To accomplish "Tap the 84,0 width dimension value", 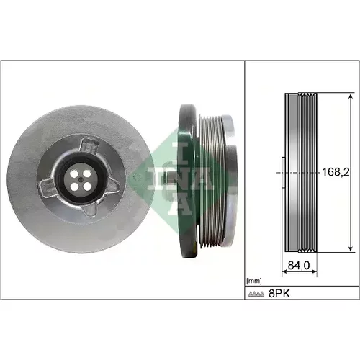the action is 299,265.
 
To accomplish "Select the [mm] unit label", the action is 254,281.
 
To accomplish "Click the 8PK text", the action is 279,293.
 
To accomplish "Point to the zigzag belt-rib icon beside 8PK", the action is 256,294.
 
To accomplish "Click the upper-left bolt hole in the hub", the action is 74,174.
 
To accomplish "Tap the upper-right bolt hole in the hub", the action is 88,173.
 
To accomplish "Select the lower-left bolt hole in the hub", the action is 75,186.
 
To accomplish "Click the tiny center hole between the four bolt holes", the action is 81,179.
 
